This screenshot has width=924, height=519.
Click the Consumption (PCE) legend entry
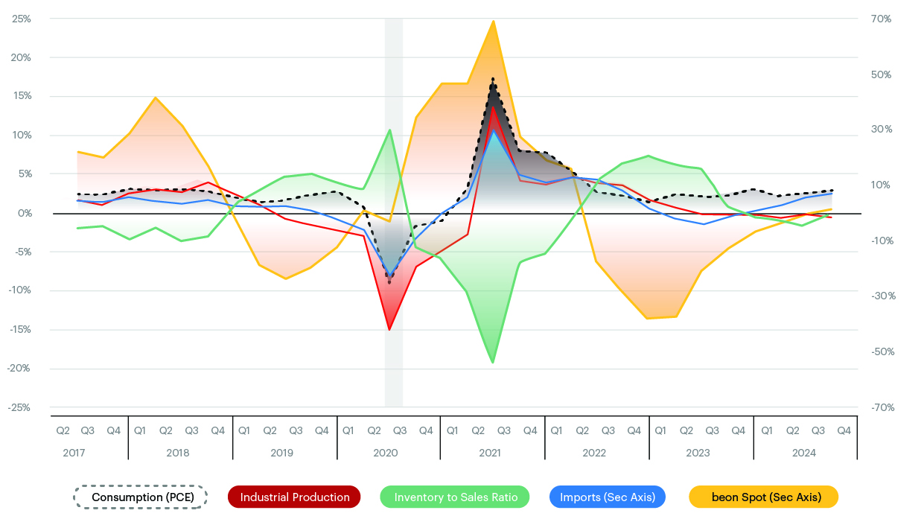(140, 497)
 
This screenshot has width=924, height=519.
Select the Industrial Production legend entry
(295, 497)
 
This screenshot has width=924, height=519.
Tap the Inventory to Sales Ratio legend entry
(454, 497)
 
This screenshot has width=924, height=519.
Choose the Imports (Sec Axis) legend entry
(607, 497)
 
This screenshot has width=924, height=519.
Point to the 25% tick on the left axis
(22, 19)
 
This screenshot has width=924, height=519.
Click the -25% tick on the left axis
(20, 407)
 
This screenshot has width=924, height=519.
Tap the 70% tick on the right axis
(881, 19)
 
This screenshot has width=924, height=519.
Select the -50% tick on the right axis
(880, 351)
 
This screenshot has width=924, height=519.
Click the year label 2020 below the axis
(386, 453)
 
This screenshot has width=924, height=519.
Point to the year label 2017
(74, 453)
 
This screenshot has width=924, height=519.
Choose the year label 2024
(804, 453)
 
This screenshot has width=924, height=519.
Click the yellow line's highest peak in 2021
(494, 21)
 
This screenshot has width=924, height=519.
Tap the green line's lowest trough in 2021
(493, 363)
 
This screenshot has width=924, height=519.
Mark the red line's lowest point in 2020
(389, 329)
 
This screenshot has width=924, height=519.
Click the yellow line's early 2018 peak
(155, 98)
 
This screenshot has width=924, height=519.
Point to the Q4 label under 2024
(844, 430)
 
